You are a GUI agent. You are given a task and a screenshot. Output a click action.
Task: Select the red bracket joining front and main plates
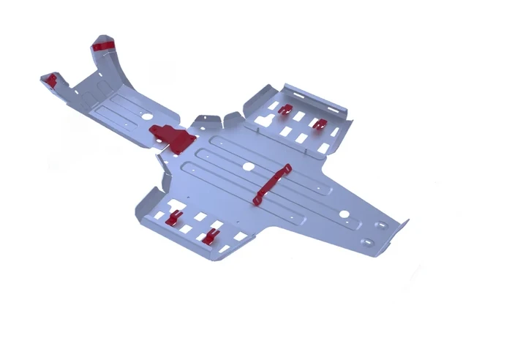coord(169,135)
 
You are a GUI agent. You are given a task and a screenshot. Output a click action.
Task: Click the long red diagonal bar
coord(271,184)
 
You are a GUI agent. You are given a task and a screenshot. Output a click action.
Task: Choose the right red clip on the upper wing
coord(319,124)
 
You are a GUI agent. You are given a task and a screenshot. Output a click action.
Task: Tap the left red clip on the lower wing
coord(174,217)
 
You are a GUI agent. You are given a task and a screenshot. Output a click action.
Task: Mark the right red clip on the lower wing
coord(211,235)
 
